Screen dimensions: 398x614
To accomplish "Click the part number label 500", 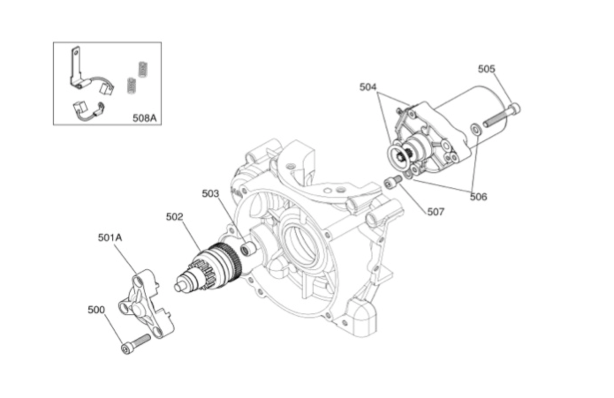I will [96, 310].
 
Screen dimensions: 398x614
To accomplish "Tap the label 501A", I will [110, 237].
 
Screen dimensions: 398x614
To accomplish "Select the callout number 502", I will [174, 217].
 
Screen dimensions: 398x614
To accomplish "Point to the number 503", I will [210, 193].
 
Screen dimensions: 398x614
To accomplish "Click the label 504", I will [368, 87].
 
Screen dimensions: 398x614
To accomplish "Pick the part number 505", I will [486, 69].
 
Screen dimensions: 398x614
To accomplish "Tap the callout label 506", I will [478, 196].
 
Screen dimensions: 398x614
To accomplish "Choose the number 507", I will [436, 212].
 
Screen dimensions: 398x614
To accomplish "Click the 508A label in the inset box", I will [144, 118].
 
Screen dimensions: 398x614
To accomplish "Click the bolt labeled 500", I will [135, 344].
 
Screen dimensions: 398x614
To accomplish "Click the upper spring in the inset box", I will [143, 70].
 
